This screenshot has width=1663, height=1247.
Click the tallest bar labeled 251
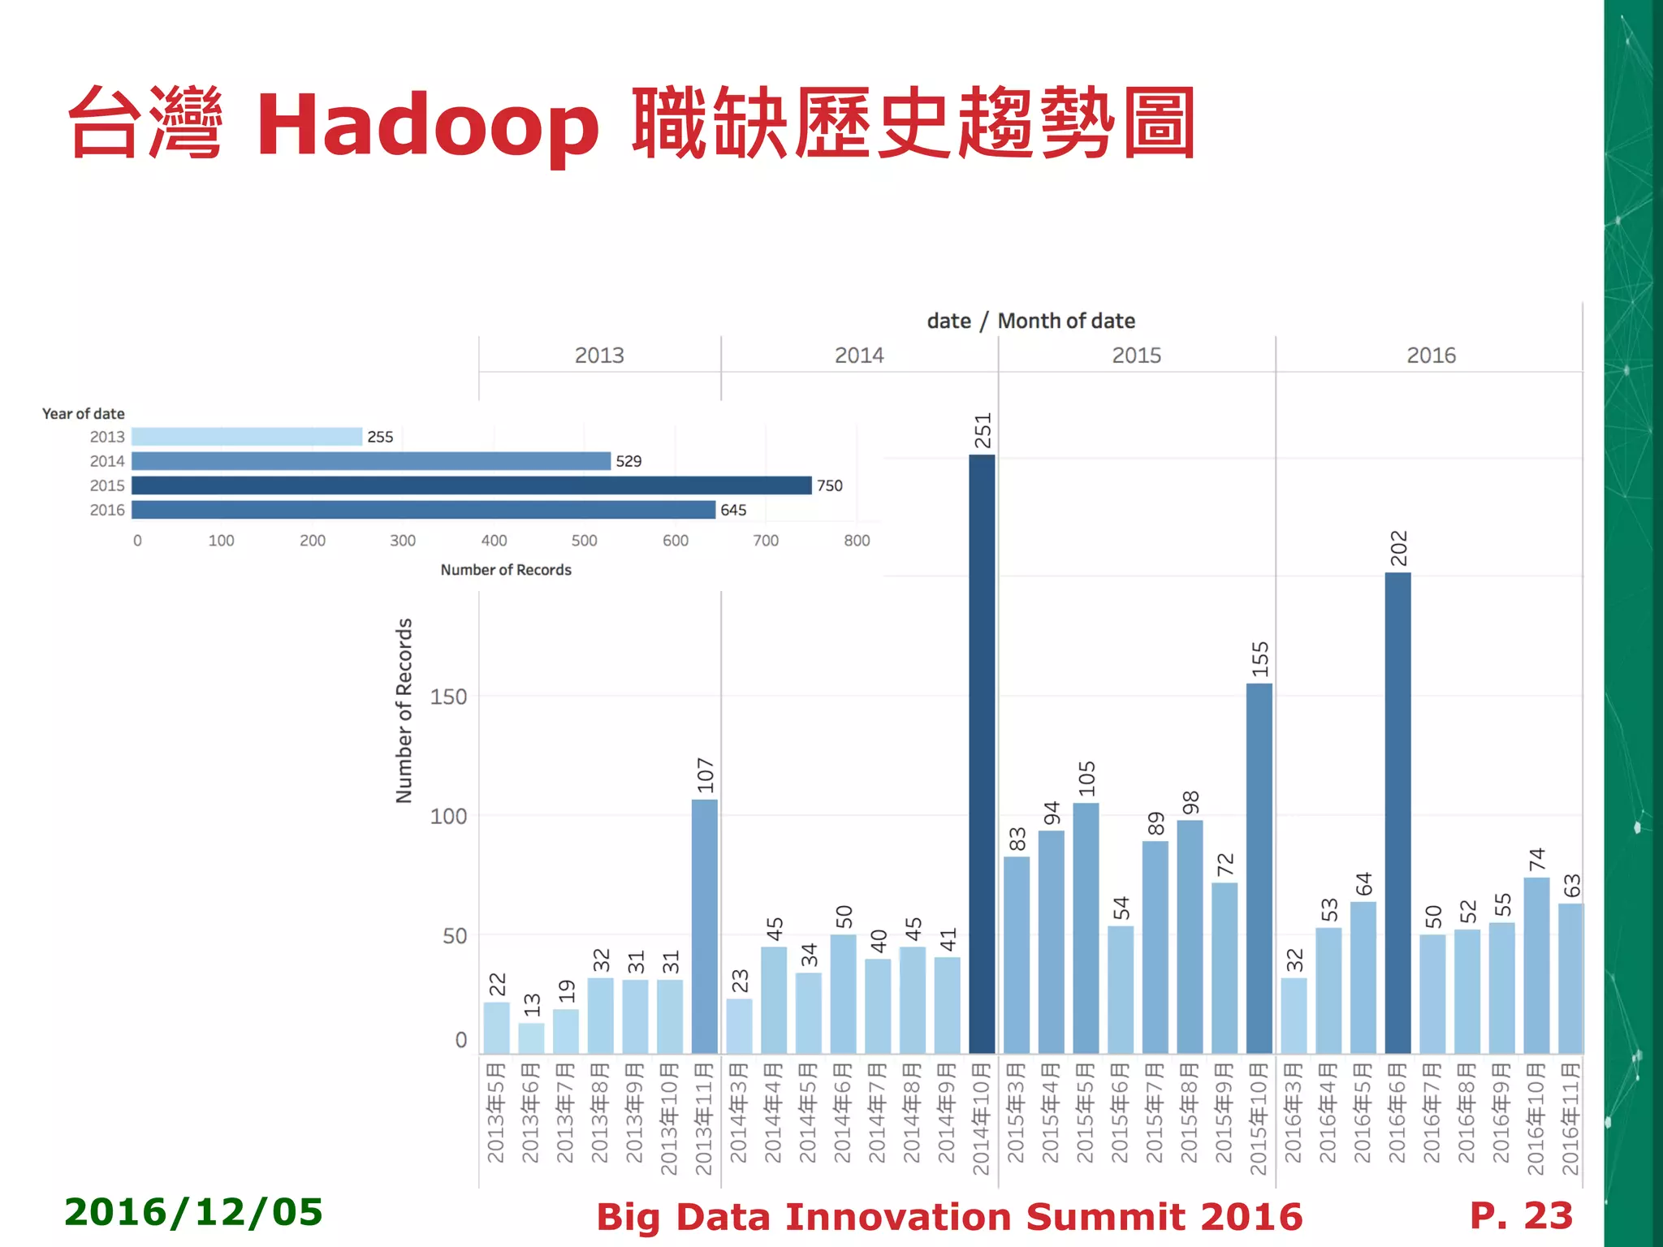pos(982,755)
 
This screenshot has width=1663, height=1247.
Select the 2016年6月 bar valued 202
pos(1397,812)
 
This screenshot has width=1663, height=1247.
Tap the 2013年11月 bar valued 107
pos(704,926)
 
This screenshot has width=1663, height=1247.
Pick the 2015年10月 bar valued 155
pos(1259,869)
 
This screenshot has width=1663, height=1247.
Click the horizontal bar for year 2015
pos(471,485)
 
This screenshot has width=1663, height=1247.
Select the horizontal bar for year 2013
pos(247,437)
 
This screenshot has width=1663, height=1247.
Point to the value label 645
pos(732,510)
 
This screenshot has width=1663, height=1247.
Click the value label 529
pos(628,461)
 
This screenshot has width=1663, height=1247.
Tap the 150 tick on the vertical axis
pos(448,697)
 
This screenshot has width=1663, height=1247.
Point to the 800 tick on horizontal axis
pos(857,541)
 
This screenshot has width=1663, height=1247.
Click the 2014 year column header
pos(859,356)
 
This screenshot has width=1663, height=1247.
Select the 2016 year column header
pos(1431,356)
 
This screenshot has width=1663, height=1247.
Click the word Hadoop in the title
pos(428,126)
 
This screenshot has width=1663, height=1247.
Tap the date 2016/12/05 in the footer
pos(193,1212)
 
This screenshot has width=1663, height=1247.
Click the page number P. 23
pos(1521,1215)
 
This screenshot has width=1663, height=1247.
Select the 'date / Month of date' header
pos(1030,321)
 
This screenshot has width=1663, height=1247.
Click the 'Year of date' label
pos(83,414)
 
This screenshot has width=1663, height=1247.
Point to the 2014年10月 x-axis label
pos(982,1119)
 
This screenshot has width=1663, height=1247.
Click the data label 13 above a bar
pos(532,1004)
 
